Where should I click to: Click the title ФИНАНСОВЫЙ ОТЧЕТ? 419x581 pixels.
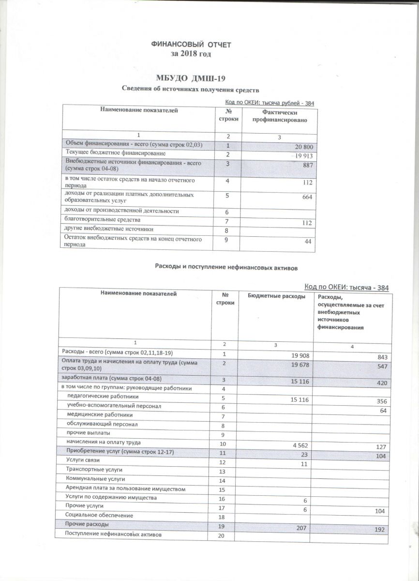(192, 45)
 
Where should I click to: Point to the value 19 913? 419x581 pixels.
(302, 156)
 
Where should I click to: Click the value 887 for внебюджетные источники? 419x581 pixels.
(307, 166)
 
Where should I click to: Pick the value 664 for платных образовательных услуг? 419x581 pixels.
(307, 197)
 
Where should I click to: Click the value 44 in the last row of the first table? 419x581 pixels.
(309, 242)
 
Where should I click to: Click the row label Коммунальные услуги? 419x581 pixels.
(92, 479)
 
